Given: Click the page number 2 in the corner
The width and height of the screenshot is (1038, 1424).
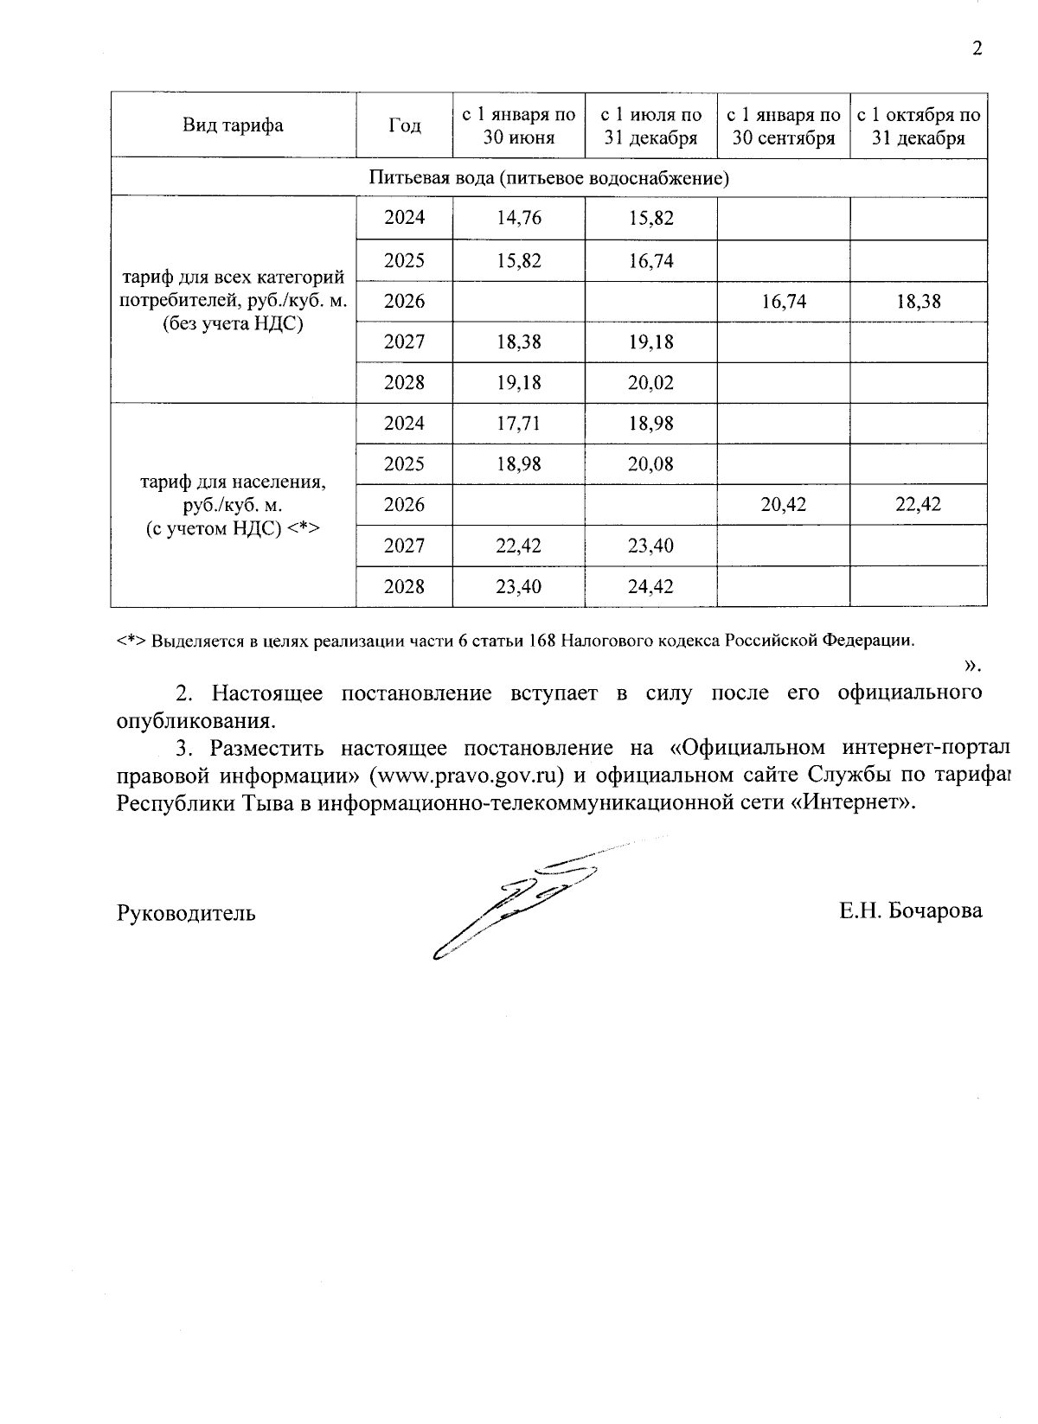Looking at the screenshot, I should (977, 48).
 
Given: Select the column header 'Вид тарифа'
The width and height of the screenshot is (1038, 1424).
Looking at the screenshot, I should (233, 125).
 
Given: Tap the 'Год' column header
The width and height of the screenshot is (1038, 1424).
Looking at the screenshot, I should (404, 125).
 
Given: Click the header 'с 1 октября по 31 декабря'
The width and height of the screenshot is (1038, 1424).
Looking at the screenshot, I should (918, 126).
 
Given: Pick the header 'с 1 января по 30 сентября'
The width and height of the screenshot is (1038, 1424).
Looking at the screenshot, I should (783, 126).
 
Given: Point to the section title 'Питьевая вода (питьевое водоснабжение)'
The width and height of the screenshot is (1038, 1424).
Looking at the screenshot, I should (549, 178).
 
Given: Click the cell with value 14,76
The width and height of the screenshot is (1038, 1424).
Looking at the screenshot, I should (519, 218).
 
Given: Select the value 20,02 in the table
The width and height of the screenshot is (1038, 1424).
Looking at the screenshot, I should (650, 382).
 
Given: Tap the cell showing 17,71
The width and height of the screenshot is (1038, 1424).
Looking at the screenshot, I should (519, 423).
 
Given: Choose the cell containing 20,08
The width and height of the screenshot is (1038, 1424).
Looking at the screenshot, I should (650, 464).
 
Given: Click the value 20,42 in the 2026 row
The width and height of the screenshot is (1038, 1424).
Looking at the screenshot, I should (783, 504).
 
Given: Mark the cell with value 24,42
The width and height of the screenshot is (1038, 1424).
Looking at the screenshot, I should (650, 587).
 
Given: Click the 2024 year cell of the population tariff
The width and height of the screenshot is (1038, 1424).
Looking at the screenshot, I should (404, 423).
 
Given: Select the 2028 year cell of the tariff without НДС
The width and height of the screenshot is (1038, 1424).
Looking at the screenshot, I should (404, 382).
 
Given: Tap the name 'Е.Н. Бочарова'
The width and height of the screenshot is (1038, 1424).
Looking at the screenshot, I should (910, 911).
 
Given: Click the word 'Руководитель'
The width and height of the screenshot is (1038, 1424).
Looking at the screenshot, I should (186, 913).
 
